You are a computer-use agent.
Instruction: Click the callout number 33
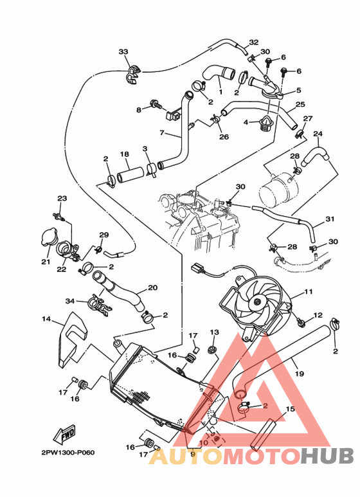pos(123,51)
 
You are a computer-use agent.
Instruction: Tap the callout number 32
pos(254,42)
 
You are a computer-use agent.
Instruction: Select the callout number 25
pos(300,104)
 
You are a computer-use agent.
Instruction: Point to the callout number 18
pos(125,154)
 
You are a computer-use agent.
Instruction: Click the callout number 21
pos(46,262)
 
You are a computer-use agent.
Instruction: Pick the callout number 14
pos(46,319)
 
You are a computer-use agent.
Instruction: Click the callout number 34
pos(70,300)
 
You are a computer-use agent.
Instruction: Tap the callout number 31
pos(330,219)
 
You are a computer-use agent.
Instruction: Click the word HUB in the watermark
pos(327,456)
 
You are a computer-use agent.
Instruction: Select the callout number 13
pos(214,331)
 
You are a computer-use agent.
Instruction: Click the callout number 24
pos(318,134)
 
